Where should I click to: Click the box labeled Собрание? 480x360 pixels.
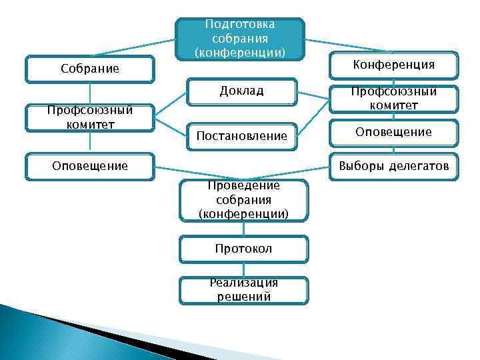[89, 69]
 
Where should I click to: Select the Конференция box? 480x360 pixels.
[393, 65]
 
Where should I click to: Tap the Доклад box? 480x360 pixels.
[241, 91]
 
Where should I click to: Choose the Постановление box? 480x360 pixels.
[241, 136]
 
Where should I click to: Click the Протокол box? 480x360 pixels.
[243, 249]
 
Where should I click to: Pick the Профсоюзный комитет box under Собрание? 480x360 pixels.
[89, 117]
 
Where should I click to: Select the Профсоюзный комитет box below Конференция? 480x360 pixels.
[393, 99]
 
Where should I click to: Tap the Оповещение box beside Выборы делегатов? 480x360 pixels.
[393, 132]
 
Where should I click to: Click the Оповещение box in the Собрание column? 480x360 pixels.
[89, 165]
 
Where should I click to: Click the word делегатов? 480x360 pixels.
[421, 165]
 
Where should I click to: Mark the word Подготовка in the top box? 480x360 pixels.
[240, 25]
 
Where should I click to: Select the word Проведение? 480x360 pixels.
[243, 185]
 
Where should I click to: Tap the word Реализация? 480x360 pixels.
[243, 283]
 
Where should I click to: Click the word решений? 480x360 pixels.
[243, 297]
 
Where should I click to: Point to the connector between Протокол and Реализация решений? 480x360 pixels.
[243, 269]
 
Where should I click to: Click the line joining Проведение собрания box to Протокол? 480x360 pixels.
[243, 228]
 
